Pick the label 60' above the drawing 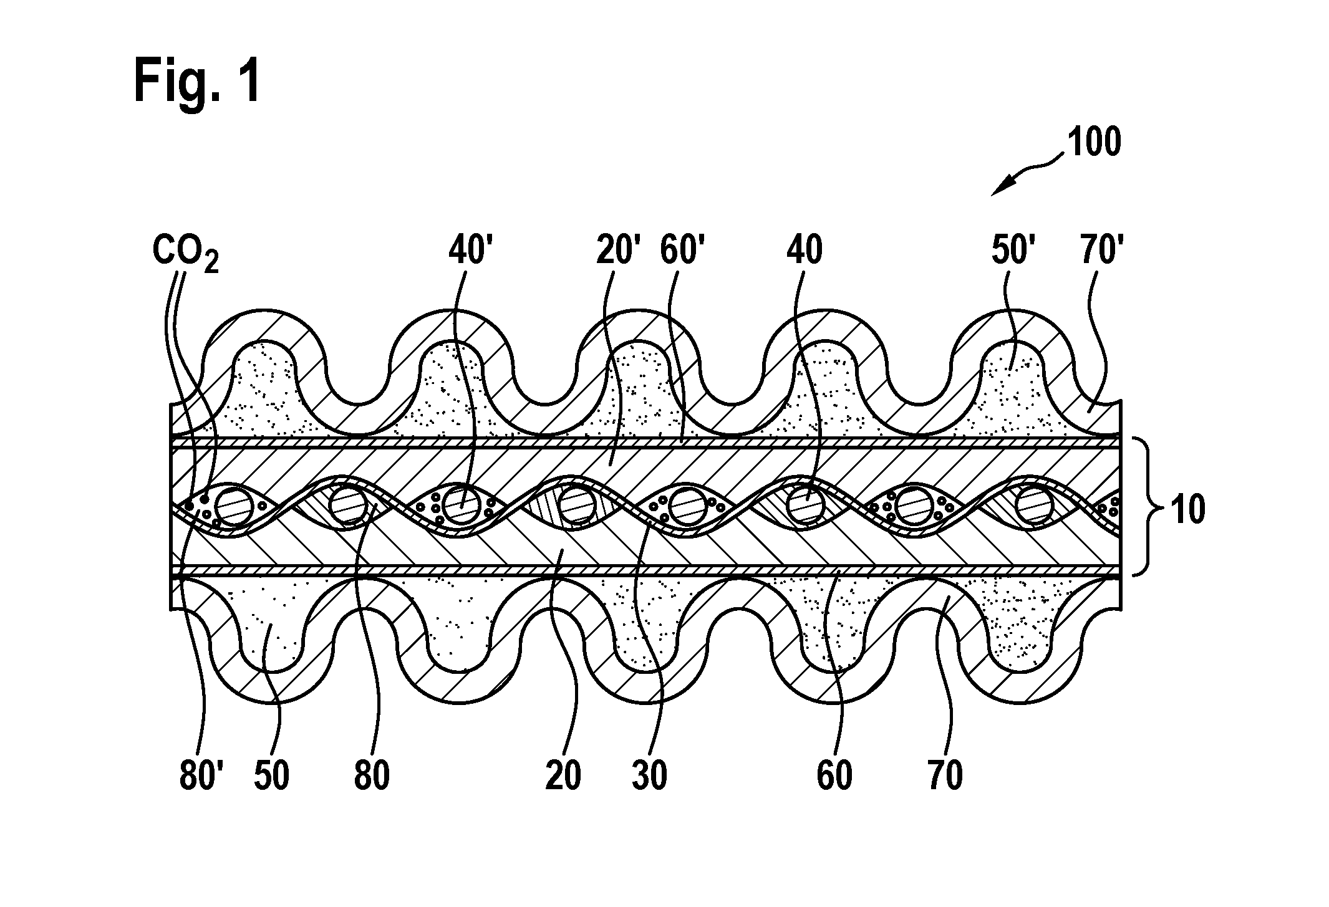pyautogui.click(x=681, y=251)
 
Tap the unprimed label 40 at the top pyautogui.click(x=805, y=251)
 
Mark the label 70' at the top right pyautogui.click(x=1099, y=251)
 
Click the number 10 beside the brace pyautogui.click(x=1187, y=510)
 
